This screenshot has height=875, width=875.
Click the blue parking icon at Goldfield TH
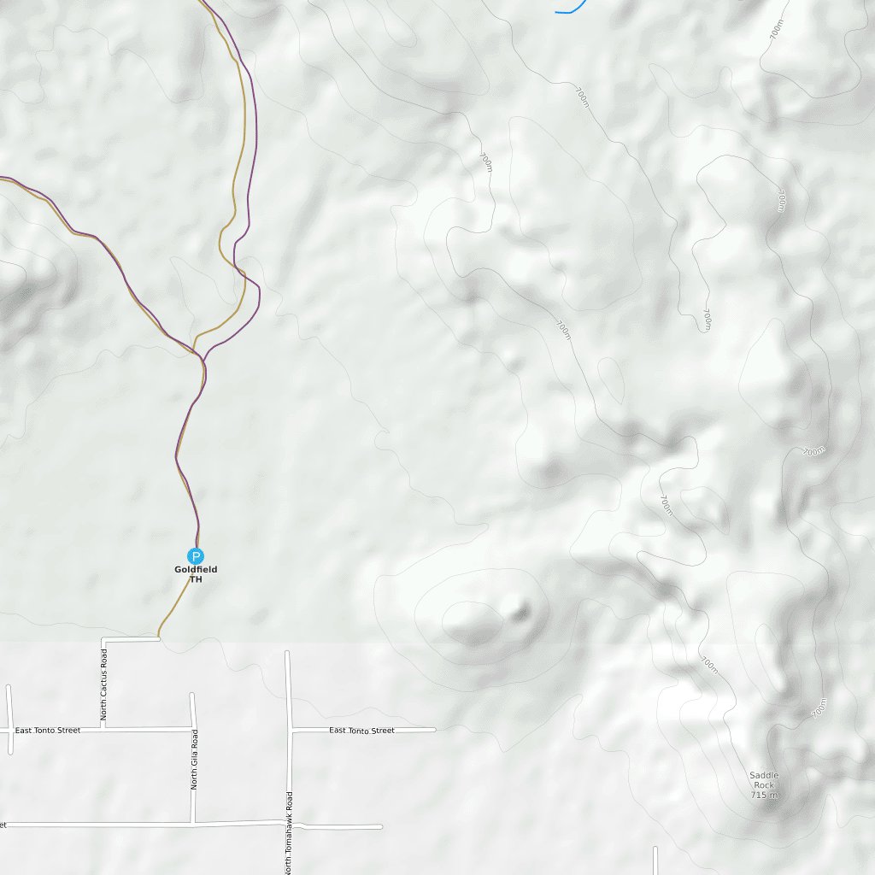196,555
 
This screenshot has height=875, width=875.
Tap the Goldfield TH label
196,574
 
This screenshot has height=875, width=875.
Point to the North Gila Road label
195,759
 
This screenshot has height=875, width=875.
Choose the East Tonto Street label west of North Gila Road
48,731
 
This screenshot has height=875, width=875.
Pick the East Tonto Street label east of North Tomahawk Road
361,731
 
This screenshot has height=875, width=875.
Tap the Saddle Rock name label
764,780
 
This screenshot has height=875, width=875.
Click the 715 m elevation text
765,796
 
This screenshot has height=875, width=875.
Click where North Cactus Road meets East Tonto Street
103,729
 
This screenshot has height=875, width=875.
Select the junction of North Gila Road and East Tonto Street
192,729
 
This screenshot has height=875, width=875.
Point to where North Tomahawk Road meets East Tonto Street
289,731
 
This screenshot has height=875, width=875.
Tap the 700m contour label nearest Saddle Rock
819,708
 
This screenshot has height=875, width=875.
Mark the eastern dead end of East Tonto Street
434,730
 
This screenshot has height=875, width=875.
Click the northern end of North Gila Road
192,695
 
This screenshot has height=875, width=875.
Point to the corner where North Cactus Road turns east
103,639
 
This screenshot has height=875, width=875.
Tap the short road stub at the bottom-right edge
655,860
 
